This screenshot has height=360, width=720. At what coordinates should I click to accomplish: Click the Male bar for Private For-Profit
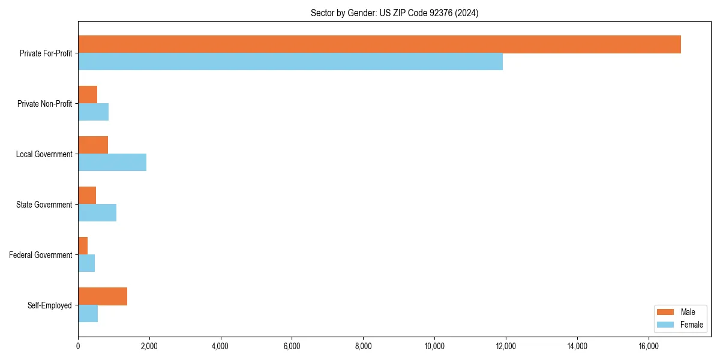pos(379,44)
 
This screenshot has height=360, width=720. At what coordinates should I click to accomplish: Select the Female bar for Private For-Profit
pos(290,62)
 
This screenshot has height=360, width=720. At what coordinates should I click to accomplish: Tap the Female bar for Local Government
pos(112,163)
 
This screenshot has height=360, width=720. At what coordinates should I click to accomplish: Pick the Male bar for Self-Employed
pos(103,296)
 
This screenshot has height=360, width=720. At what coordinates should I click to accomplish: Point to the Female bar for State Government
pos(97,213)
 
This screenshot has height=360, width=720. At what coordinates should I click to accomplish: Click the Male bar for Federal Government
pos(83,246)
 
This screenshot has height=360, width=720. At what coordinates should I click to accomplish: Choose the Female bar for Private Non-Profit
pos(93,112)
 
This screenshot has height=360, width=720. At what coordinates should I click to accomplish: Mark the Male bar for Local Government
pos(93,145)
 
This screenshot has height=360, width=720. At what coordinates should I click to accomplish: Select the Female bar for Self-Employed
pos(88,314)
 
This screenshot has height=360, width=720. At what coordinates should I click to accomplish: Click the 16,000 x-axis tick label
pos(649,346)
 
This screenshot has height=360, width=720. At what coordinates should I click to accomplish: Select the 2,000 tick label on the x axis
pos(149,346)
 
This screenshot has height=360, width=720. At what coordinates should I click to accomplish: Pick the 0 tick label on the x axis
pos(78,346)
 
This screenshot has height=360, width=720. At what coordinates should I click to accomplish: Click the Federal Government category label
pos(41,255)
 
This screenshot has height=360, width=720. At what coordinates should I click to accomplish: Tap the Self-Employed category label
pos(50,305)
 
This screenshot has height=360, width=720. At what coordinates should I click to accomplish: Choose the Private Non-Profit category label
pos(44,104)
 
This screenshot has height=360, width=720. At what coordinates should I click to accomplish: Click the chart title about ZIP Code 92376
pos(394,13)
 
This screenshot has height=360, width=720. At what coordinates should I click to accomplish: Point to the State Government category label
pos(44,205)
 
